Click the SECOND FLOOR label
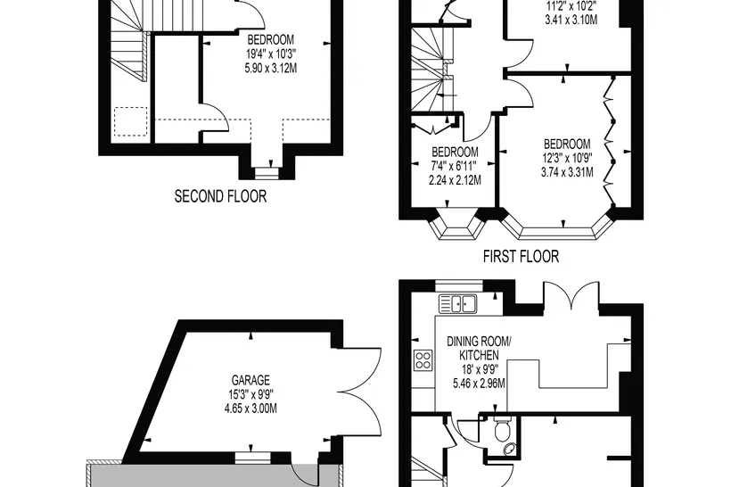click(x=220, y=196)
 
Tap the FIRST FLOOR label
click(x=521, y=257)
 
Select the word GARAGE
click(x=251, y=380)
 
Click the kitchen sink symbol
click(x=458, y=304)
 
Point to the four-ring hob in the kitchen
click(x=423, y=360)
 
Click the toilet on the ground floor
click(x=503, y=429)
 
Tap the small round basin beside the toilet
click(x=510, y=449)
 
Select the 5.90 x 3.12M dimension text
click(x=271, y=69)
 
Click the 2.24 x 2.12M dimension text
click(x=455, y=180)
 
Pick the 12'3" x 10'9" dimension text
click(x=567, y=158)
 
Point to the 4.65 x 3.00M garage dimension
click(x=251, y=409)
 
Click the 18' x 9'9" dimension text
click(x=479, y=370)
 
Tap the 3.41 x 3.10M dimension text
click(x=571, y=20)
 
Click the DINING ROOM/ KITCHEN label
click(x=479, y=348)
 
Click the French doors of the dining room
click(x=571, y=293)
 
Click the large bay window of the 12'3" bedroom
click(x=557, y=227)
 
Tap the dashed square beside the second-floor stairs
click(x=131, y=121)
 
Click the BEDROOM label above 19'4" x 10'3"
click(x=271, y=39)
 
